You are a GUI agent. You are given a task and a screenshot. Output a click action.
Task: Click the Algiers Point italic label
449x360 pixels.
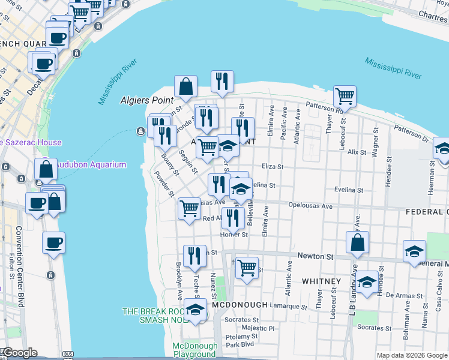pyautogui.click(x=146, y=100)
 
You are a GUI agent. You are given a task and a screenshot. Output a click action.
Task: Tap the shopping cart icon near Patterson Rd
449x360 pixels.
pyautogui.click(x=345, y=95)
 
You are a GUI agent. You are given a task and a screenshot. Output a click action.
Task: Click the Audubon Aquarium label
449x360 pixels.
pyautogui.click(x=91, y=164)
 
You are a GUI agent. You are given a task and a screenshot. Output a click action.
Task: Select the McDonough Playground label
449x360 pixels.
pyautogui.click(x=194, y=350)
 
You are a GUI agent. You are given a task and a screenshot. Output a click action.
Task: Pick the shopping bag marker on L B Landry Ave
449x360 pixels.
pyautogui.click(x=357, y=243)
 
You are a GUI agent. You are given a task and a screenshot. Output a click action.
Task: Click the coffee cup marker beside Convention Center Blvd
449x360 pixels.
pyautogui.click(x=53, y=243)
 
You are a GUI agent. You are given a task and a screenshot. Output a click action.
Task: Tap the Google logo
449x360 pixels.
pyautogui.click(x=19, y=353)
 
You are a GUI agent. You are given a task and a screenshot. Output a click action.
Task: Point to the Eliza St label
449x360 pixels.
pyautogui.click(x=272, y=167)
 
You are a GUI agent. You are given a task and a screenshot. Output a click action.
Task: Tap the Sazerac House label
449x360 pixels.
pyautogui.click(x=31, y=142)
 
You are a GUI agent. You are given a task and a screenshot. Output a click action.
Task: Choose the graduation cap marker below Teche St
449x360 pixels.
pyautogui.click(x=195, y=310)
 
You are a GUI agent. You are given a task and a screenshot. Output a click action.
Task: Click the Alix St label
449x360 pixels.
pyautogui.click(x=356, y=152)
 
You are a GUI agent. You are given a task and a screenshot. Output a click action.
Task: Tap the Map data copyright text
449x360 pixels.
pyautogui.click(x=411, y=355)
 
